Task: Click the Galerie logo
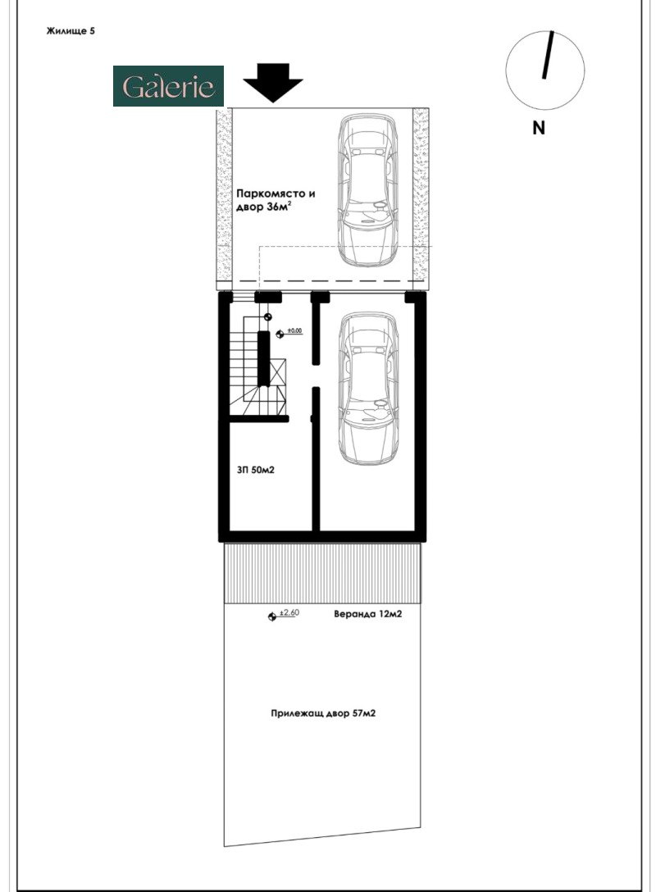point(168,86)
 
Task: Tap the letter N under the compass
point(539,127)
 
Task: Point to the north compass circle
point(545,70)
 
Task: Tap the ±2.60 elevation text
point(288,612)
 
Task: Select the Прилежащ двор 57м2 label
point(323,714)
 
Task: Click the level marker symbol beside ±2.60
point(272,616)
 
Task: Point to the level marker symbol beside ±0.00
point(280,334)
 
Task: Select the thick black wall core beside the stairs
point(264,358)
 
